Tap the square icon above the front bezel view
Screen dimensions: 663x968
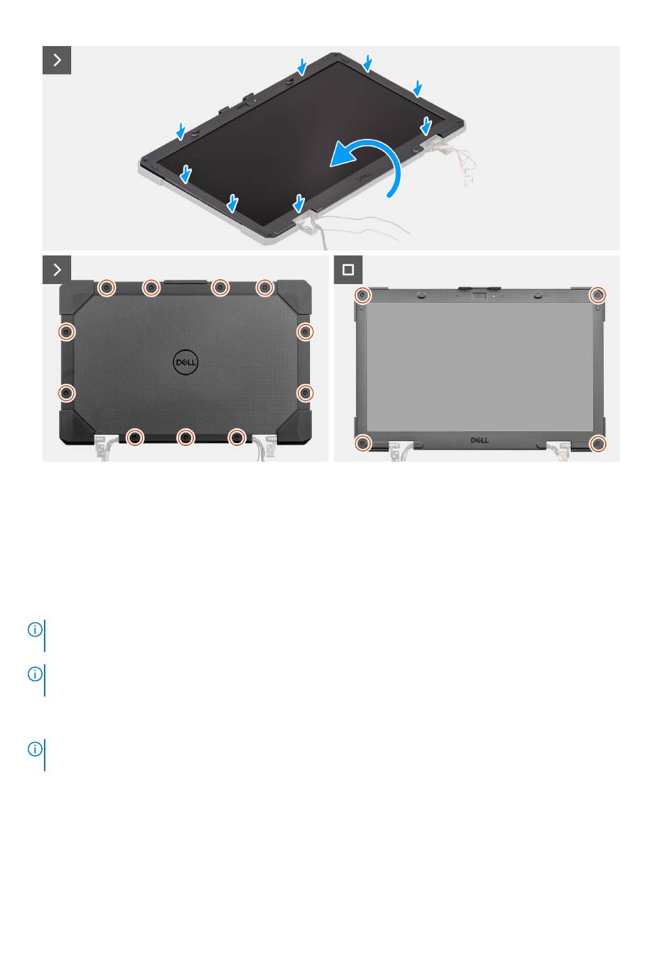coord(348,269)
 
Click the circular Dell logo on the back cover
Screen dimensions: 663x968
coord(186,362)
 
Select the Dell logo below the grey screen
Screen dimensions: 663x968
coord(479,440)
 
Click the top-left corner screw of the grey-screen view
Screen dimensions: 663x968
coord(363,295)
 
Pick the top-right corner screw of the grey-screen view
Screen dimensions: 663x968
coord(597,295)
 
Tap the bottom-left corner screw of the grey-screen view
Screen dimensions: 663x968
coord(363,443)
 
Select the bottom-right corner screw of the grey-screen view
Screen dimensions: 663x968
coord(597,443)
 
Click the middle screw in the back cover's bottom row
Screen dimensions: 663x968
coord(186,438)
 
